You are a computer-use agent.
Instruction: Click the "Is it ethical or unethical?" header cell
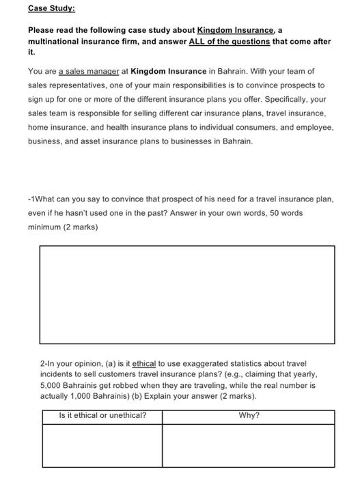pyautogui.click(x=102, y=415)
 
